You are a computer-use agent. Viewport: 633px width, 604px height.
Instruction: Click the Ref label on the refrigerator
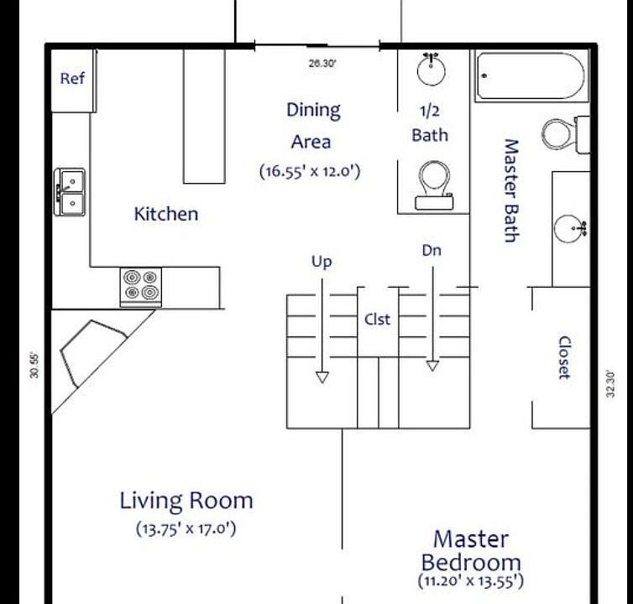[x=72, y=79]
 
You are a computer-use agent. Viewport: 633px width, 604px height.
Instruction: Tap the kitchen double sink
[x=70, y=191]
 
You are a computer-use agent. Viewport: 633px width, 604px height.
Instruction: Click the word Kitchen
[x=166, y=214]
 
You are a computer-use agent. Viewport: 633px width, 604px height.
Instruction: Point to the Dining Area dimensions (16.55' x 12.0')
[x=310, y=171]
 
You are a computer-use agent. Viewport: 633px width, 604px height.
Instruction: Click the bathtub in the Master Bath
[x=530, y=77]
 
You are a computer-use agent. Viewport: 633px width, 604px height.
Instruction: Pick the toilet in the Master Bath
[x=563, y=133]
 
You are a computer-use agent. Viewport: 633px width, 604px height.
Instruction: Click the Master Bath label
[x=510, y=190]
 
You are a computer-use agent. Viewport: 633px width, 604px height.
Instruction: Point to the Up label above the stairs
[x=322, y=262]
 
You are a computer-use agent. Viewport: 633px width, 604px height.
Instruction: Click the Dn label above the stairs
[x=432, y=250]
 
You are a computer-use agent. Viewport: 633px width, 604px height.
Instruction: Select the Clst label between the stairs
[x=377, y=320]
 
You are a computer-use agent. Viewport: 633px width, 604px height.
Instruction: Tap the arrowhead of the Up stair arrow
[x=322, y=377]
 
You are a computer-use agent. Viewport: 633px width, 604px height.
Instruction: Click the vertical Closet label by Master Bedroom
[x=564, y=357]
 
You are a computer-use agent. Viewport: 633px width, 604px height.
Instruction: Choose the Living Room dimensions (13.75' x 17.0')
[x=186, y=529]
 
